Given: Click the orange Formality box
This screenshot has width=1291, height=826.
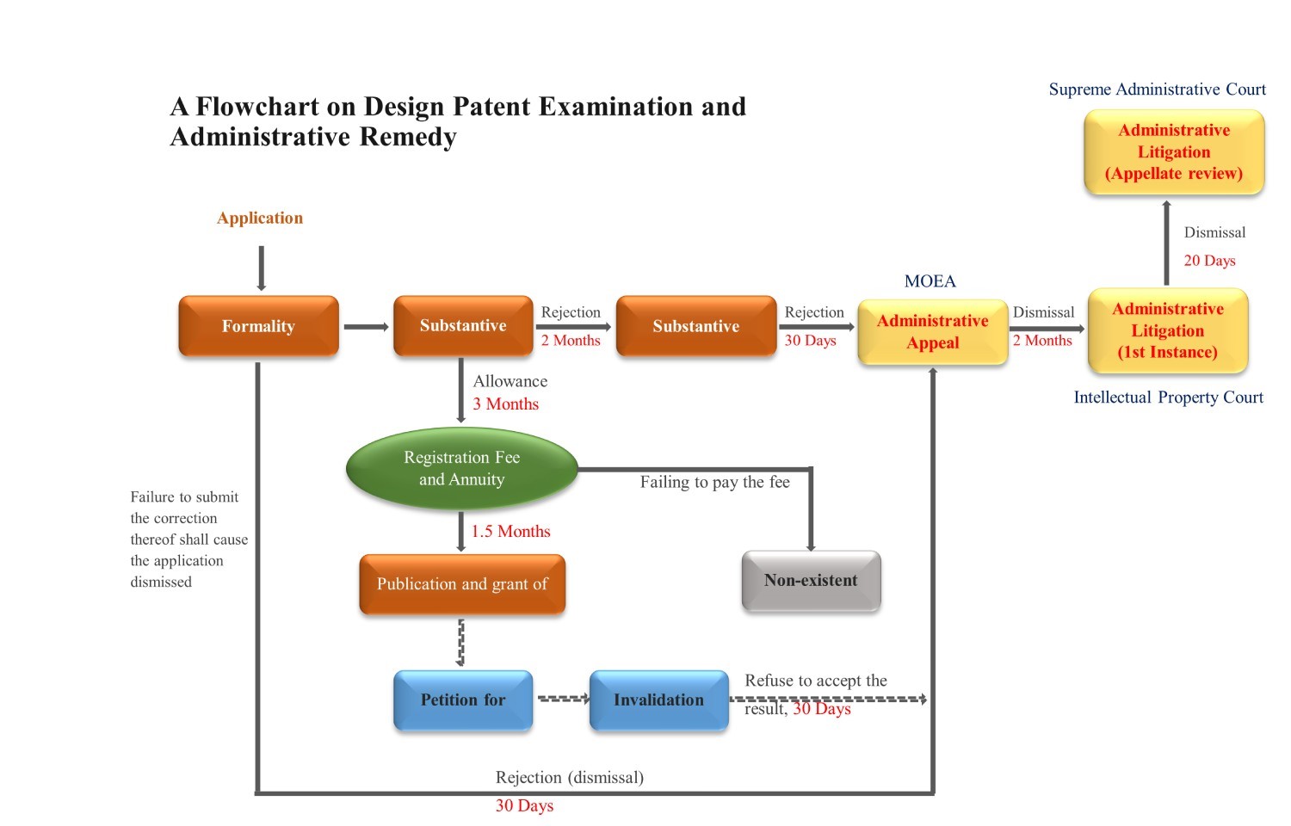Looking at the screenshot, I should tap(258, 326).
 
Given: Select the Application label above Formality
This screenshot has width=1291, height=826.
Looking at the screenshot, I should tap(260, 218).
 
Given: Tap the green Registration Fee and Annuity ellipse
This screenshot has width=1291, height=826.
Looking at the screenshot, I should tap(462, 468).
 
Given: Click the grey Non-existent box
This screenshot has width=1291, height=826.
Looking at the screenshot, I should tap(811, 581).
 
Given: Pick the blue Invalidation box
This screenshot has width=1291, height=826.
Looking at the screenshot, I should tap(658, 700).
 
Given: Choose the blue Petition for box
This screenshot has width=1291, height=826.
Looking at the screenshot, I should tap(463, 700).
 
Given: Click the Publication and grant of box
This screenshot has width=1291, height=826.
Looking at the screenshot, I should tap(462, 584).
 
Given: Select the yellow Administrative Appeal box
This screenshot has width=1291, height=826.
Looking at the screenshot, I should tap(933, 332).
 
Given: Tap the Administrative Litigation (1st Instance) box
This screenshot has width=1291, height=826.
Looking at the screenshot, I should tap(1168, 331).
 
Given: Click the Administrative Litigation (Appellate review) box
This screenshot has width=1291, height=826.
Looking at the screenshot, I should tap(1174, 152).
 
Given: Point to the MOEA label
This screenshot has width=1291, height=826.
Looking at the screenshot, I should tap(930, 281).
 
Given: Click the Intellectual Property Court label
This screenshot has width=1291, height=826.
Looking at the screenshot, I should tap(1168, 398).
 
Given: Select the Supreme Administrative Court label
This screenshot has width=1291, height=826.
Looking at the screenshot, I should tap(1157, 89).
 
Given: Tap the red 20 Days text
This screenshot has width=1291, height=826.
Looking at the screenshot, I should tap(1209, 261).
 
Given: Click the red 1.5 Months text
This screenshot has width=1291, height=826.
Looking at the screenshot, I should tap(510, 532).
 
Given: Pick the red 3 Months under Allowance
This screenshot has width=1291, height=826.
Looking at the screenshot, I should tap(506, 404).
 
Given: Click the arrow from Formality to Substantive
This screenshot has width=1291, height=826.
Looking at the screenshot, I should tap(367, 327).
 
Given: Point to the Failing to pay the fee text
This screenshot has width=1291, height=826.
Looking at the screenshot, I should tap(714, 483).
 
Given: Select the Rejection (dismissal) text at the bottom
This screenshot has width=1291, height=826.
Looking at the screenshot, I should tap(569, 778).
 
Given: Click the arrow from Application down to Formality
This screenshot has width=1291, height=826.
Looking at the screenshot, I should tap(261, 268).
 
